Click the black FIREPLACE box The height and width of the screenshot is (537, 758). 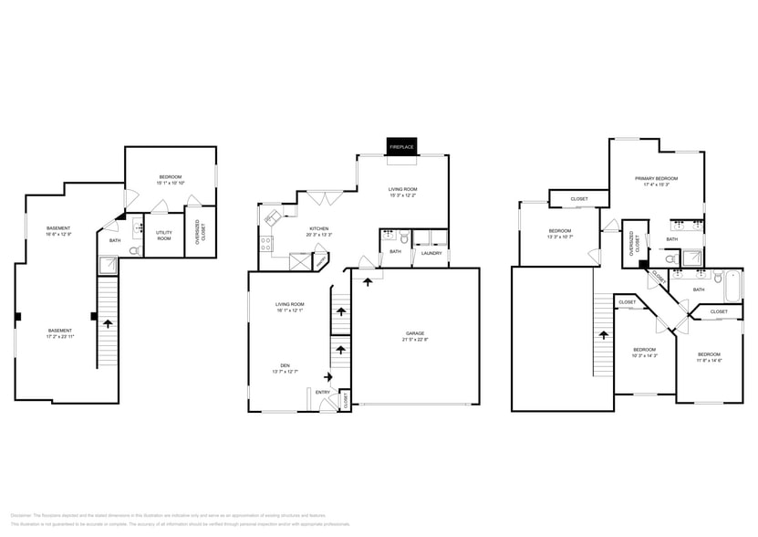click(x=401, y=147)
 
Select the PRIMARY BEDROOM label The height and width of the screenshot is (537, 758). click(x=657, y=179)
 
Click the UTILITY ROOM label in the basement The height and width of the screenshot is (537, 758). click(x=164, y=234)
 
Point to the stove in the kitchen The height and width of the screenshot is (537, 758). click(x=266, y=243)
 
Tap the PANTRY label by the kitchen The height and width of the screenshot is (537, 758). click(x=321, y=261)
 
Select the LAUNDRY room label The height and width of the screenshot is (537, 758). click(x=431, y=252)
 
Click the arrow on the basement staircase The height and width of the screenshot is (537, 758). click(x=109, y=322)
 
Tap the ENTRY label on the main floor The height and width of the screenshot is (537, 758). click(x=323, y=392)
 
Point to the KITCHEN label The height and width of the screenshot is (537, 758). click(x=318, y=229)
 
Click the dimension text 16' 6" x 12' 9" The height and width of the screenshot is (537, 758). click(x=59, y=235)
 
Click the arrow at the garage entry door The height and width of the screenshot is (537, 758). click(x=368, y=281)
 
